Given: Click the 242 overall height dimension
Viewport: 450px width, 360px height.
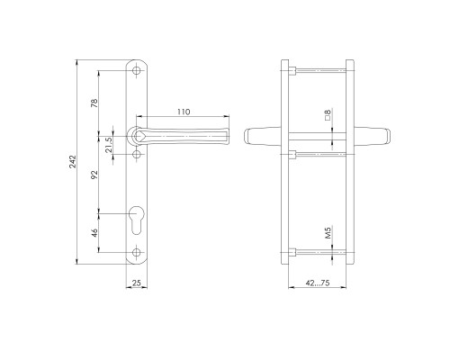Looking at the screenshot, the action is pyautogui.click(x=73, y=162).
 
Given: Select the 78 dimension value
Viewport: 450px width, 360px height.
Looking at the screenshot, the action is pyautogui.click(x=94, y=103).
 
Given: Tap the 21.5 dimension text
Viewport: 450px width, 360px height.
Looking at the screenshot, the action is pyautogui.click(x=109, y=145).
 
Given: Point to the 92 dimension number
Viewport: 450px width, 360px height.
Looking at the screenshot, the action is pyautogui.click(x=94, y=175).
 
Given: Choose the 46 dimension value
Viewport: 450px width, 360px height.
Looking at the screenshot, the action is pyautogui.click(x=94, y=233).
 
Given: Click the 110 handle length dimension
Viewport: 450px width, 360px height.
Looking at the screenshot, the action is pyautogui.click(x=184, y=112).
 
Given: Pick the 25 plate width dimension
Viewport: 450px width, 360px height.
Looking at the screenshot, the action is pyautogui.click(x=137, y=283).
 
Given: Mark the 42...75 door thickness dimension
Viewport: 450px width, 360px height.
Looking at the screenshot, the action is pyautogui.click(x=318, y=283).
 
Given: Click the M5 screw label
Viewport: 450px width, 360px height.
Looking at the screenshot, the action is pyautogui.click(x=328, y=232).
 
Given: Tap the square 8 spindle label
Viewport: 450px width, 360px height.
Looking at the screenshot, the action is pyautogui.click(x=328, y=114).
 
